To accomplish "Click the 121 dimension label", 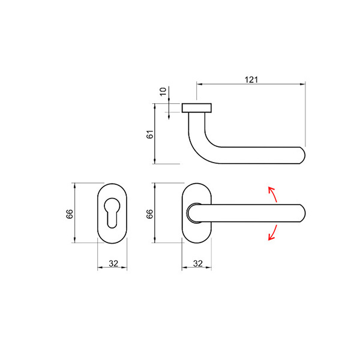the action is pyautogui.click(x=251, y=80).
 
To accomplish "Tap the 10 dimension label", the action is pyautogui.click(x=163, y=92).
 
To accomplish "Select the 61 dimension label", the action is pyautogui.click(x=149, y=134).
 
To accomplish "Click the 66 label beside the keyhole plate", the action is pyautogui.click(x=70, y=214).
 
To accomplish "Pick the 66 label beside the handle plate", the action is pyautogui.click(x=149, y=214).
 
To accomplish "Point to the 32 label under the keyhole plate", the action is pyautogui.click(x=113, y=263).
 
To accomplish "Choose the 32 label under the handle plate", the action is pyautogui.click(x=198, y=263).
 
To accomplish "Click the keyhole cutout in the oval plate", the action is pyautogui.click(x=112, y=212).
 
